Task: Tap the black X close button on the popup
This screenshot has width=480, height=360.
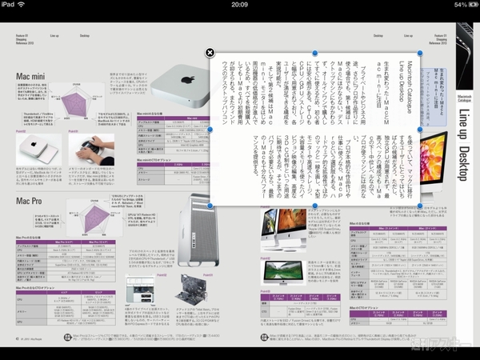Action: coord(210,53)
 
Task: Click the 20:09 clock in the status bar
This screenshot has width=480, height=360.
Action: coord(239,5)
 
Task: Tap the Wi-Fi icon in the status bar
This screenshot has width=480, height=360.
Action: coord(30,5)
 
